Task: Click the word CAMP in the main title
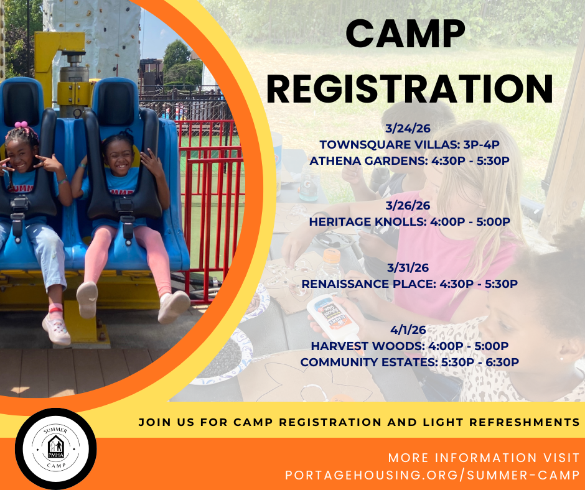click(405, 34)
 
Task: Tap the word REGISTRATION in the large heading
click(409, 89)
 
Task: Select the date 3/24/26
click(408, 129)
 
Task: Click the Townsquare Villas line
click(409, 145)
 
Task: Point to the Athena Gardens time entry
click(409, 160)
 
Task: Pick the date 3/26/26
click(408, 205)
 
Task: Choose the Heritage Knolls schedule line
click(409, 221)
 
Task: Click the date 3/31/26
click(408, 268)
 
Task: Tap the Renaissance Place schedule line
click(409, 284)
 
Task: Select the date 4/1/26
click(408, 330)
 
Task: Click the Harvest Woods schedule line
click(409, 346)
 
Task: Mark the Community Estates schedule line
click(409, 362)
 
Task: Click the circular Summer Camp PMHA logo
click(55, 448)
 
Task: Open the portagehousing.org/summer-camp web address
click(433, 475)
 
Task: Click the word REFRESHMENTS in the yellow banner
click(524, 422)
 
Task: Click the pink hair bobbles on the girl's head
click(22, 125)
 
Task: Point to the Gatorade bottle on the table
click(309, 181)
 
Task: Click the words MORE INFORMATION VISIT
click(484, 458)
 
